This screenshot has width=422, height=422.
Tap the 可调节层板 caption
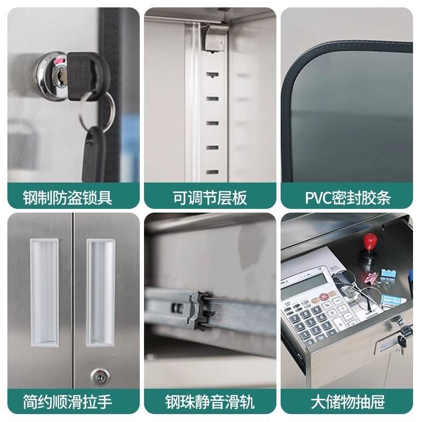click(x=210, y=198)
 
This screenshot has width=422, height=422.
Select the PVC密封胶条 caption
click(x=348, y=198)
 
